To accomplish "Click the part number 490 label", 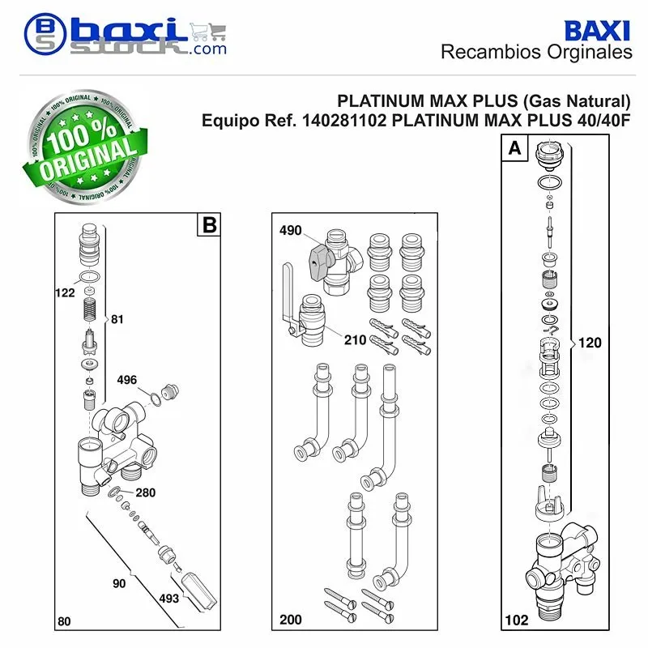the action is [x=290, y=230].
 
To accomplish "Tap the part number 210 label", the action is [x=355, y=339].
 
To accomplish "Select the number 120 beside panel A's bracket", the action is [x=590, y=343].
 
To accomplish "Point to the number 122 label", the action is [x=65, y=292].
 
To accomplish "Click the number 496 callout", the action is [x=127, y=380].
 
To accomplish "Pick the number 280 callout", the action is [x=146, y=492].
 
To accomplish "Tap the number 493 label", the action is [x=169, y=598].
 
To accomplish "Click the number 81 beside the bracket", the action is [x=117, y=319].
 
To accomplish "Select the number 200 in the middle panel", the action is [x=291, y=620].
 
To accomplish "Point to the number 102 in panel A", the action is [x=517, y=620].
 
